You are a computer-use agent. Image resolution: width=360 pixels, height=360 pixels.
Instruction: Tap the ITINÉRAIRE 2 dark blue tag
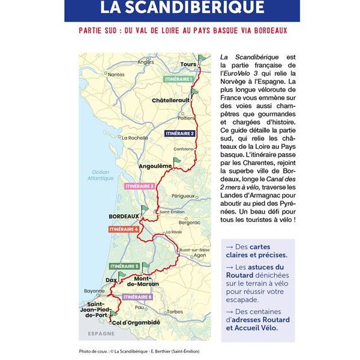[179, 133]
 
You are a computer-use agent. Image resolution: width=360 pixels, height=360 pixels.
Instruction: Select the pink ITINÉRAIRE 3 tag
[140, 186]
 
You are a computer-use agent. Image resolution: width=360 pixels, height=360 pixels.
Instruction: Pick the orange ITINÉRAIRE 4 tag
[124, 229]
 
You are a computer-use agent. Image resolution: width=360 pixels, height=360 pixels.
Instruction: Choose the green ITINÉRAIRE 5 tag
[124, 266]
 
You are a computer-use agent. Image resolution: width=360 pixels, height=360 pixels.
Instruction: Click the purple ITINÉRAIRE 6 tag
[137, 297]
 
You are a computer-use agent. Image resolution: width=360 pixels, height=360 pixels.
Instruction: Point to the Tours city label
[188, 65]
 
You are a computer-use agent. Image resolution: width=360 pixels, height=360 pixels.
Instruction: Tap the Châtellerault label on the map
[171, 100]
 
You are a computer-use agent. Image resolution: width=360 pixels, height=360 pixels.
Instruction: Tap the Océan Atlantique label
[99, 175]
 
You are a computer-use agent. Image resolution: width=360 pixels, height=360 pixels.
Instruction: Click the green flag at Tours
[202, 59]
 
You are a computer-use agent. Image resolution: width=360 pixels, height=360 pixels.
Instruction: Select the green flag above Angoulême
[176, 161]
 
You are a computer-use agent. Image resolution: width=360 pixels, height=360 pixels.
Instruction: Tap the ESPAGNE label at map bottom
[101, 334]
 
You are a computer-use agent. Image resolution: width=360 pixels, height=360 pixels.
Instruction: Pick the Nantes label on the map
[116, 74]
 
